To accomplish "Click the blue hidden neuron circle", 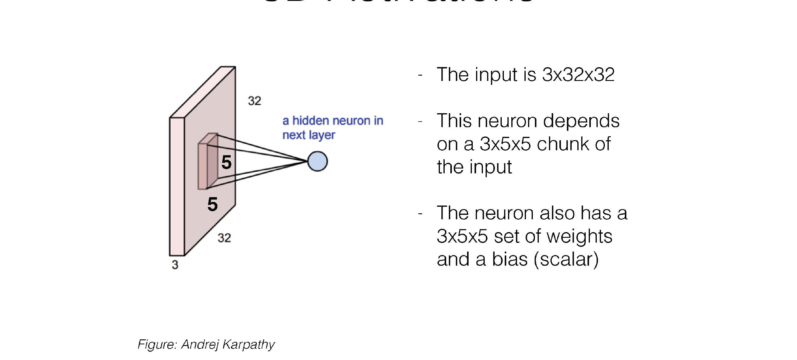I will click(317, 161).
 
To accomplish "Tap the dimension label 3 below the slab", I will click(175, 265).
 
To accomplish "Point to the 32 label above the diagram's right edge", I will click(254, 101).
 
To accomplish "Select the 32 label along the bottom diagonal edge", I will click(224, 238).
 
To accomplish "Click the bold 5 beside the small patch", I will click(227, 162).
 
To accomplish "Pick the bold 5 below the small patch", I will click(212, 204).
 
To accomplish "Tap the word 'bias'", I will click(510, 259).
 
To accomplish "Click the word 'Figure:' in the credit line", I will click(157, 344).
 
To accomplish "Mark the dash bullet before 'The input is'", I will click(420, 75).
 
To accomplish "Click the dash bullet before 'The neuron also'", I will click(420, 214).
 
